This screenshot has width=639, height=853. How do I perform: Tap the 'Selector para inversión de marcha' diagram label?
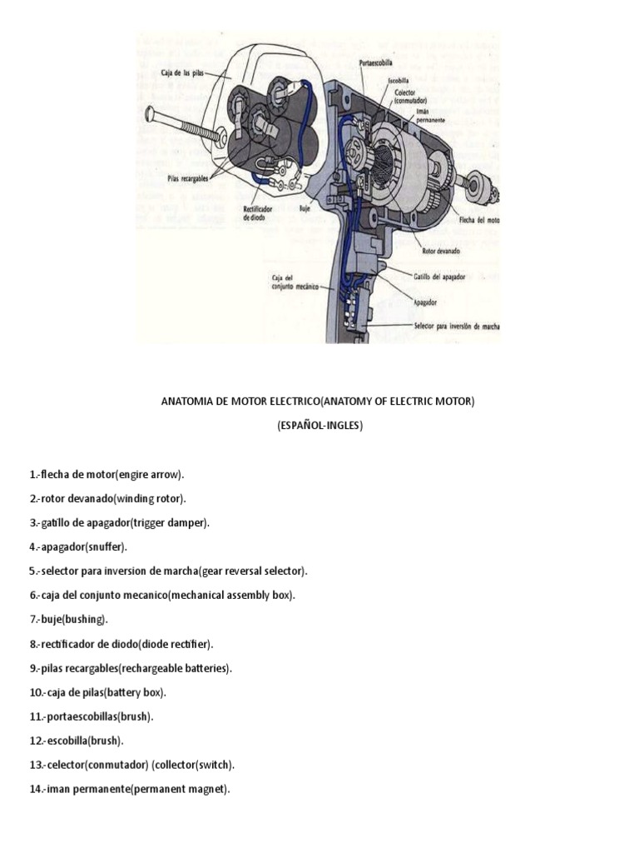coord(457,326)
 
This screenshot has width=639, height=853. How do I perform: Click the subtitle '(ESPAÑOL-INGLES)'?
coord(319,426)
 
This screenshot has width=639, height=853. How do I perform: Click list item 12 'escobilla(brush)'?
coord(76,741)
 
